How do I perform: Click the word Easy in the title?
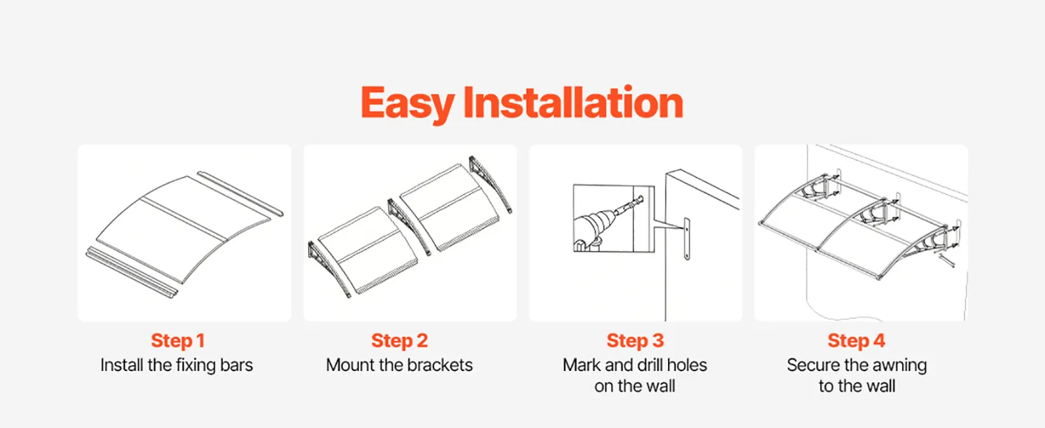408,103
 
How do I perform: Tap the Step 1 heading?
178,340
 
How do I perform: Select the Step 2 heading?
399,340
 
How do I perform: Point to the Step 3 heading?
635,340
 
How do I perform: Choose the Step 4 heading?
856,340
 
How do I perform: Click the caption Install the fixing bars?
176,365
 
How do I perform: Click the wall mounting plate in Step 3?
687,238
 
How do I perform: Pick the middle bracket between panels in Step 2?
409,226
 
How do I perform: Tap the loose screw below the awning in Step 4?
944,260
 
